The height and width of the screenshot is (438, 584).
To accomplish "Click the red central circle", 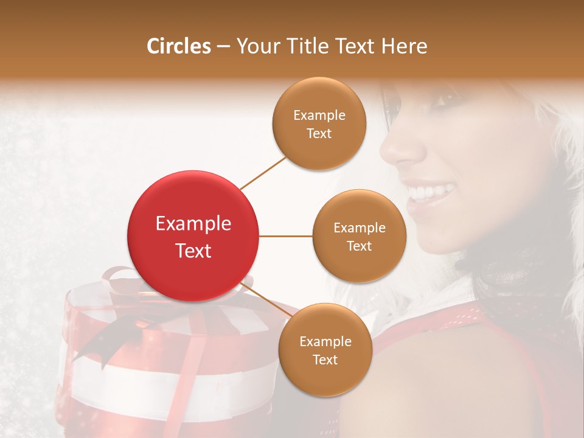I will point(193,236).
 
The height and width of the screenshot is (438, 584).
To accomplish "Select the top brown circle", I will point(319,123).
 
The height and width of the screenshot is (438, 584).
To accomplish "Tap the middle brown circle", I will point(359,236).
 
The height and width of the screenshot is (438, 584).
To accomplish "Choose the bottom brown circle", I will point(325,350).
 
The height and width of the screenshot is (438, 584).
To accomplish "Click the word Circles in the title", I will point(178,46).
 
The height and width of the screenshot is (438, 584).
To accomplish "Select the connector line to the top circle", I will point(263,173).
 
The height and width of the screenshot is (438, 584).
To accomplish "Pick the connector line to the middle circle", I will point(286,236).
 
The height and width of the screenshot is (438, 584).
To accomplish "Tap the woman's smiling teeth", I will point(429,193).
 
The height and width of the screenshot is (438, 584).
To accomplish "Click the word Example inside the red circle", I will point(193,224).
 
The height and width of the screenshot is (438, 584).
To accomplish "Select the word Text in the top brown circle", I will point(319,134).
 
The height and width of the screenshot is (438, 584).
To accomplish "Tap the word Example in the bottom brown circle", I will point(325,341).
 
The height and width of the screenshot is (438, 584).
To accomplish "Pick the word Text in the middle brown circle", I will point(359,246).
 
